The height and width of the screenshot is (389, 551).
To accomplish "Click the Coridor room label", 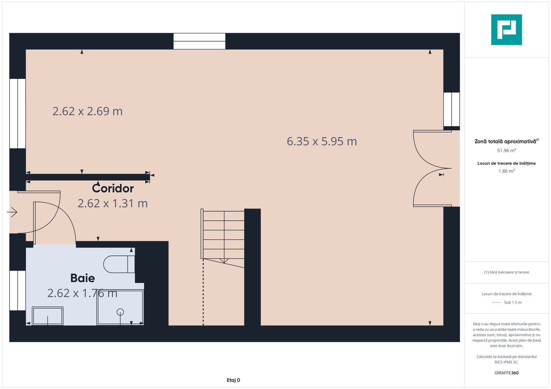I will pos(113,188).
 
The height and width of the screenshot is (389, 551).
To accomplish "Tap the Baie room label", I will pos(83,278).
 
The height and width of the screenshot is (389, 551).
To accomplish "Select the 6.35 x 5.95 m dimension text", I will pos(322,142).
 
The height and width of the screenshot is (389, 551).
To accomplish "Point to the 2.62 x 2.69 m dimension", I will pos(87,111).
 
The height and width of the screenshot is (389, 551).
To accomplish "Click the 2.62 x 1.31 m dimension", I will pos(113,204).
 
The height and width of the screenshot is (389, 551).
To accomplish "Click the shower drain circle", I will pos(120,312).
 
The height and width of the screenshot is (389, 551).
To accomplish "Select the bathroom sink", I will pos(48,316).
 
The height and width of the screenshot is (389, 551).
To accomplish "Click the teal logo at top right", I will pos(506,30).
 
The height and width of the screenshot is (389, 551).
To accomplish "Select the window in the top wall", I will pos(199,41).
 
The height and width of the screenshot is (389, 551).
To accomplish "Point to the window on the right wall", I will pos(451,109).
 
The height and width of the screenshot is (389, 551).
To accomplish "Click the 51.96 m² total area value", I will pos(506,151).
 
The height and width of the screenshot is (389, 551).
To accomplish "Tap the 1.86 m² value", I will pos(506,171).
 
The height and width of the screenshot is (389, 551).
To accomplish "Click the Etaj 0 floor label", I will pos(233,380).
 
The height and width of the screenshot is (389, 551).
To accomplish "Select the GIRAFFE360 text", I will pos(506,373).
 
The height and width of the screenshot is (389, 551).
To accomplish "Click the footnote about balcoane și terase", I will pos(506,272).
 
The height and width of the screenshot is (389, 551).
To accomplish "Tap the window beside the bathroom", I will pos(17,290).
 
